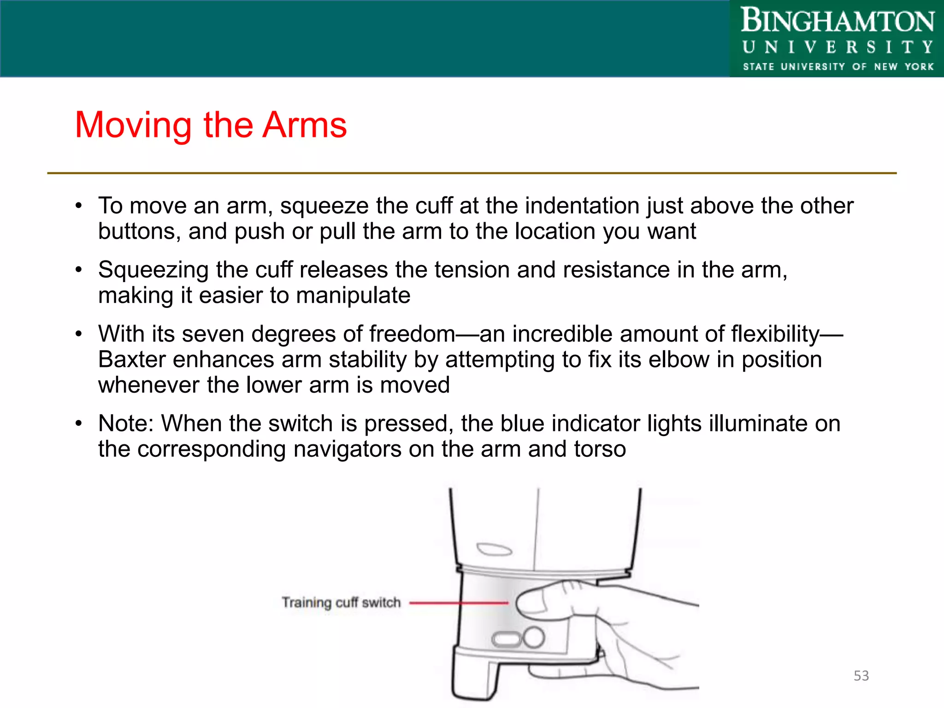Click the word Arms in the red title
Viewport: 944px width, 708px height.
coord(304,125)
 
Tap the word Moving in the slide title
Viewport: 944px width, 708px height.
coord(133,126)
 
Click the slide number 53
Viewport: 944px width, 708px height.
coord(861,676)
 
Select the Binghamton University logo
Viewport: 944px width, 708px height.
coord(837,39)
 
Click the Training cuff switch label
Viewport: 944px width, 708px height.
coord(341,602)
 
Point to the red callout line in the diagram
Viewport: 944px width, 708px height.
coord(459,602)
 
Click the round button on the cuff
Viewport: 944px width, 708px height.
coord(534,638)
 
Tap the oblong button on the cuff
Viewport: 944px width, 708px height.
coord(506,640)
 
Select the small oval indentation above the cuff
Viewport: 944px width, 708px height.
coord(494,549)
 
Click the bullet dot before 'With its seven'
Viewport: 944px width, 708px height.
coord(79,333)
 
